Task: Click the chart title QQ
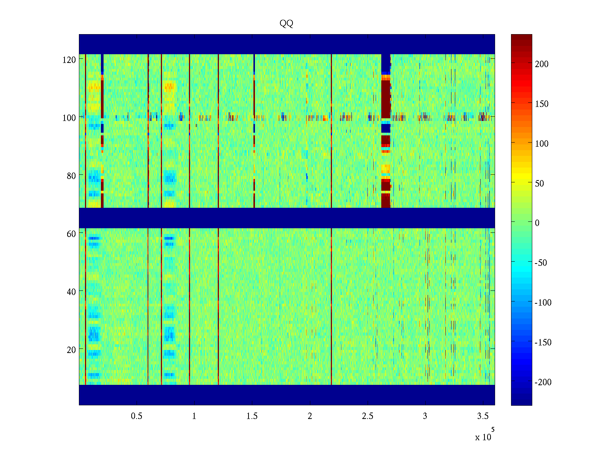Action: pyautogui.click(x=286, y=24)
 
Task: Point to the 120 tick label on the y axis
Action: pyautogui.click(x=69, y=60)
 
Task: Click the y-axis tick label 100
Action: pyautogui.click(x=69, y=118)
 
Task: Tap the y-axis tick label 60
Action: pyautogui.click(x=71, y=234)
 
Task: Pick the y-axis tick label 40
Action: pyautogui.click(x=71, y=292)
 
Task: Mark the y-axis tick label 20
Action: pyautogui.click(x=71, y=350)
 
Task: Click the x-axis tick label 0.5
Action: pyautogui.click(x=137, y=416)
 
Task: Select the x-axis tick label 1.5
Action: pyautogui.click(x=252, y=416)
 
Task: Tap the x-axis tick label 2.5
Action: pyautogui.click(x=367, y=416)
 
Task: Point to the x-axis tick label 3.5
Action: pyautogui.click(x=483, y=416)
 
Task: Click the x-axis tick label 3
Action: pyautogui.click(x=425, y=416)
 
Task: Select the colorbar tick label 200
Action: pyautogui.click(x=542, y=64)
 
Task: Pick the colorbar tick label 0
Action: pyautogui.click(x=537, y=223)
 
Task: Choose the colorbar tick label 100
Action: pyautogui.click(x=542, y=144)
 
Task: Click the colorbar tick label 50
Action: pyautogui.click(x=539, y=184)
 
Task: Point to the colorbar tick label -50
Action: pyautogui.click(x=541, y=263)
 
